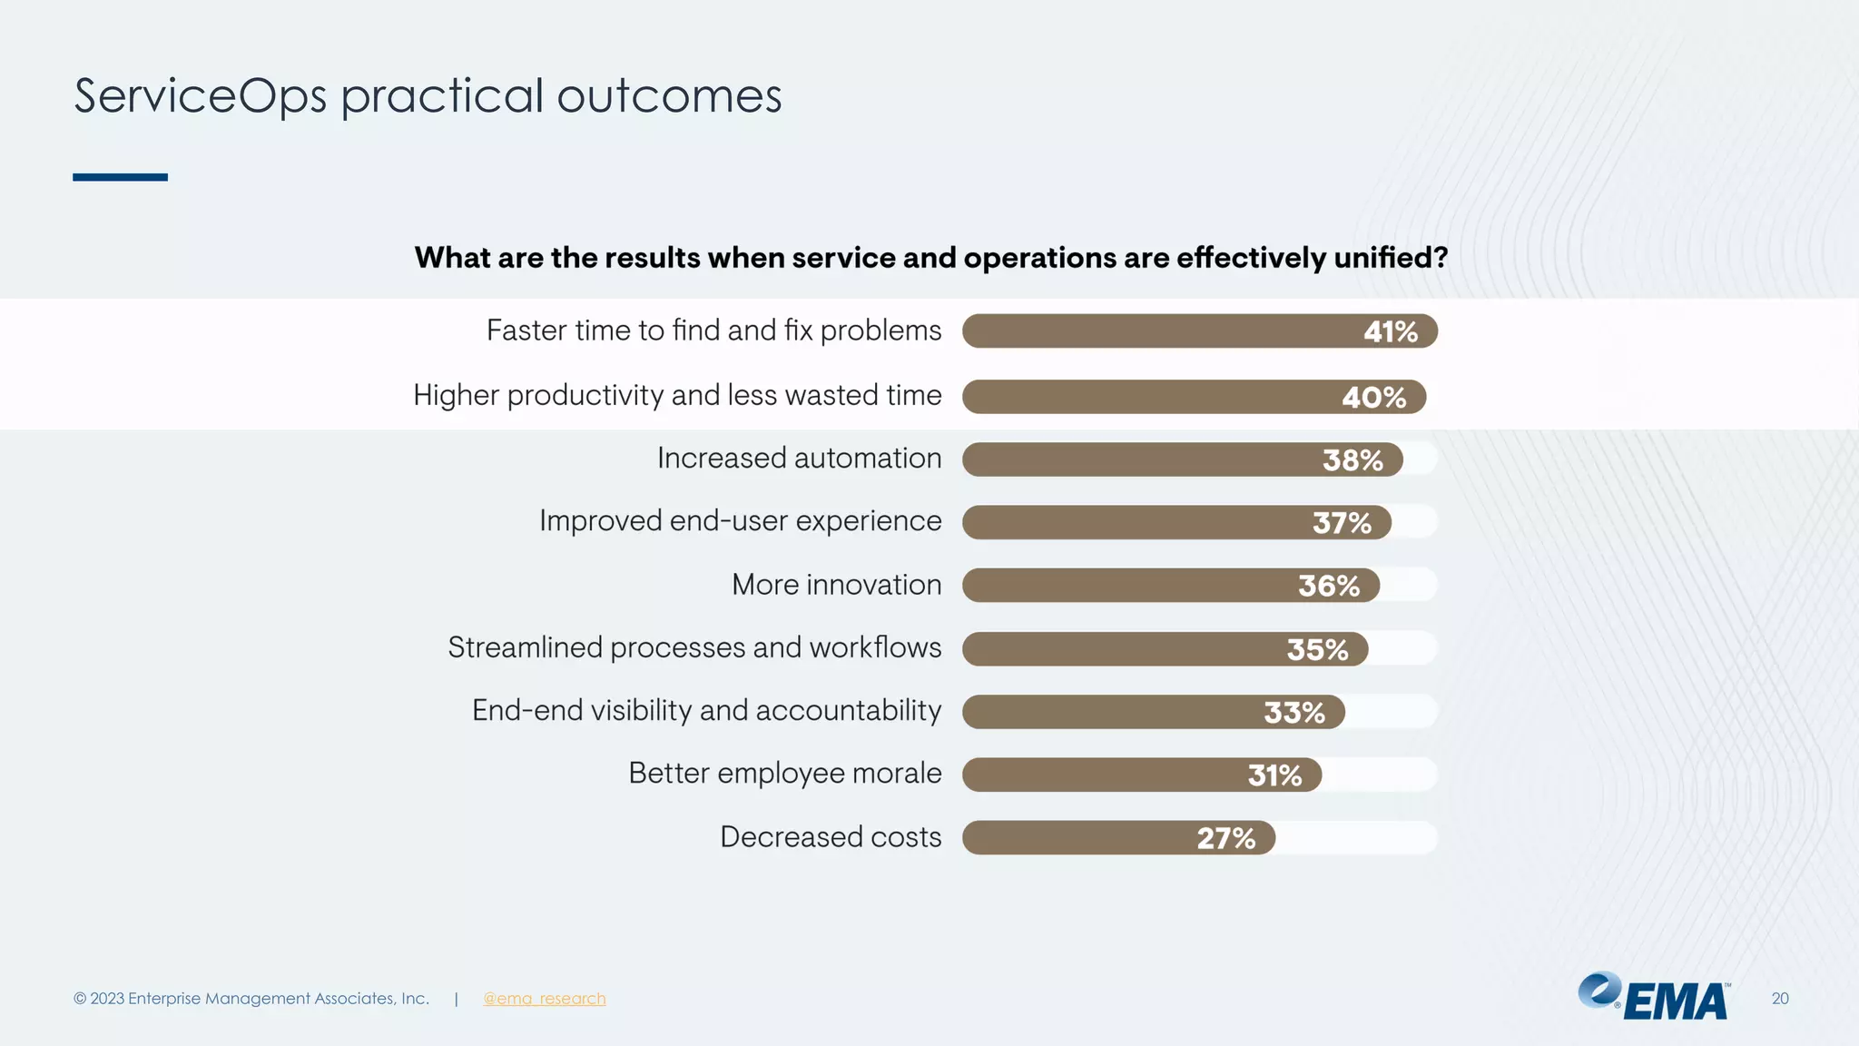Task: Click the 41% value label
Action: (1390, 332)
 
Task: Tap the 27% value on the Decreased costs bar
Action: (1225, 838)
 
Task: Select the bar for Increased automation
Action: (1135, 459)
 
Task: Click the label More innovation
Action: (836, 585)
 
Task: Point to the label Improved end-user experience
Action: (740, 521)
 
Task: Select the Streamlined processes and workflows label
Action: (694, 647)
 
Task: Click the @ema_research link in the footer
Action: (544, 999)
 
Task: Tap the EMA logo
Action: (1654, 997)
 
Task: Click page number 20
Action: (1779, 999)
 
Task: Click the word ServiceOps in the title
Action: (200, 96)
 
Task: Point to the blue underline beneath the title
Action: (120, 177)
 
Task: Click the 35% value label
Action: (1317, 650)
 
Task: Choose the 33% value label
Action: (1293, 713)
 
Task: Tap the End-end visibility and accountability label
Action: (706, 710)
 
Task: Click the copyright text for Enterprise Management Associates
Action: (251, 999)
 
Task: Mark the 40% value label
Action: (1373, 398)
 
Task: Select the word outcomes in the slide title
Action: (669, 96)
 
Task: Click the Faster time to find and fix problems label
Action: (713, 331)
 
